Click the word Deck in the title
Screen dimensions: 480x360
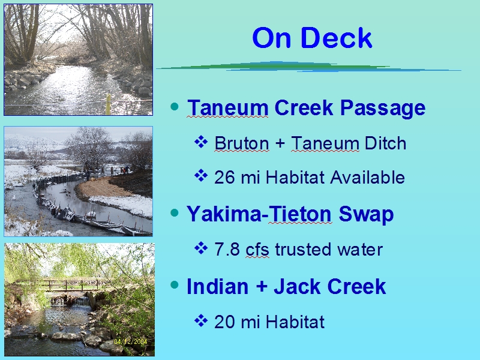[x=336, y=37]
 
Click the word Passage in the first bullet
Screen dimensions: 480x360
[x=383, y=109]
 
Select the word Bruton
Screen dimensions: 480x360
[x=242, y=143]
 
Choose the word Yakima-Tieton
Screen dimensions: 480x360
[x=259, y=214]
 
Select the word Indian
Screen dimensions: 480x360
[x=217, y=287]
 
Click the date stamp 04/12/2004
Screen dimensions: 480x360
[x=130, y=341]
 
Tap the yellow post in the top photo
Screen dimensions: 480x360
[x=108, y=104]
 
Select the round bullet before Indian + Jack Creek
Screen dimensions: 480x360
[x=175, y=285]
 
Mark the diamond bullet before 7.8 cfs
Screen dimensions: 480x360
[x=201, y=248]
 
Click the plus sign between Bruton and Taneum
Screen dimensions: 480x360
[x=280, y=143]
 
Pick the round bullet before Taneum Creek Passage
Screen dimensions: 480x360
[x=175, y=107]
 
